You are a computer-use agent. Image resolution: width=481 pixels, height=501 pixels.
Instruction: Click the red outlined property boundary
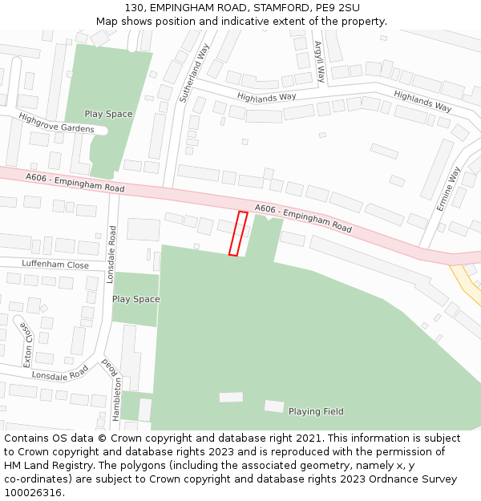coord(238,233)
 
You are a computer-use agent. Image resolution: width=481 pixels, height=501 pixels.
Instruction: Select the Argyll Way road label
coord(320,62)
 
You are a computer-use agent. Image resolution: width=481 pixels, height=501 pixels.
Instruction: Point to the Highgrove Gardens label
coord(56,123)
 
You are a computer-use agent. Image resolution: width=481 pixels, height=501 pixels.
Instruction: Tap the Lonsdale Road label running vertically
coord(112,254)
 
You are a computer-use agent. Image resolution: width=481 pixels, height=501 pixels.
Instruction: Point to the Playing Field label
coord(316,412)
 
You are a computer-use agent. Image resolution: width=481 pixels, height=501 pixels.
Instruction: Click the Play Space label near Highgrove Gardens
coord(108,114)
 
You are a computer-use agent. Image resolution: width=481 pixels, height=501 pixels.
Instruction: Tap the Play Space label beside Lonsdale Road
coord(135,299)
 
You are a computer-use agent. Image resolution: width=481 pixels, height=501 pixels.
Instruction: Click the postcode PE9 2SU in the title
coord(338,8)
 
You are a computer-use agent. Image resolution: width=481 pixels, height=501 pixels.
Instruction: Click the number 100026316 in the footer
coord(32,492)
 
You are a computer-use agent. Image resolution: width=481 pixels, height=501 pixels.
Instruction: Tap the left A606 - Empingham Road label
coord(75,182)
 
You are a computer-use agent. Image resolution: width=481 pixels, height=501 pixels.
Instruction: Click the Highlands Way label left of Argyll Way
coord(266,97)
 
